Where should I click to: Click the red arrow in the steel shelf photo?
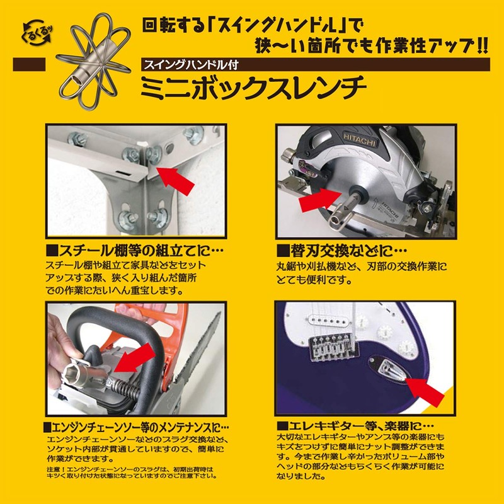pos(176,179)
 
